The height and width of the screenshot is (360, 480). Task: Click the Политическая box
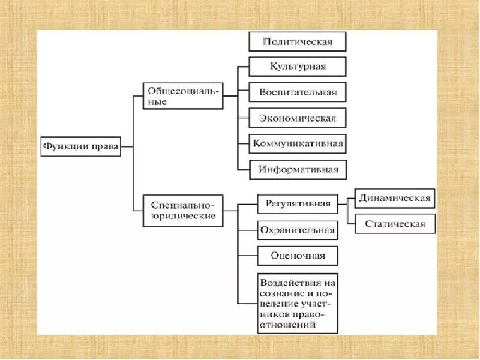(x=297, y=41)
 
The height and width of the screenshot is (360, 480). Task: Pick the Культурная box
(x=298, y=66)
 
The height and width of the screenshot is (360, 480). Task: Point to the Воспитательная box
(x=298, y=92)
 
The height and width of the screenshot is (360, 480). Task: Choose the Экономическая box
(x=298, y=118)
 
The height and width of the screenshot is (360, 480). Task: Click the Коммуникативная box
(x=298, y=143)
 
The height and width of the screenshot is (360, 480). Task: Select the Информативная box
(x=298, y=169)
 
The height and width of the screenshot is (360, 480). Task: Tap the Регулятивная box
(x=298, y=203)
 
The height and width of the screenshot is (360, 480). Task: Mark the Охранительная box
(x=298, y=230)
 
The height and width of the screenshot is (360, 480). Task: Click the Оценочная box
(x=298, y=256)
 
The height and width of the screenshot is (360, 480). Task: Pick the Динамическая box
(x=394, y=199)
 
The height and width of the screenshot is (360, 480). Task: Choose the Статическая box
(x=394, y=224)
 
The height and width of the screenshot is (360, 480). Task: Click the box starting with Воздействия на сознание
(x=298, y=303)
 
